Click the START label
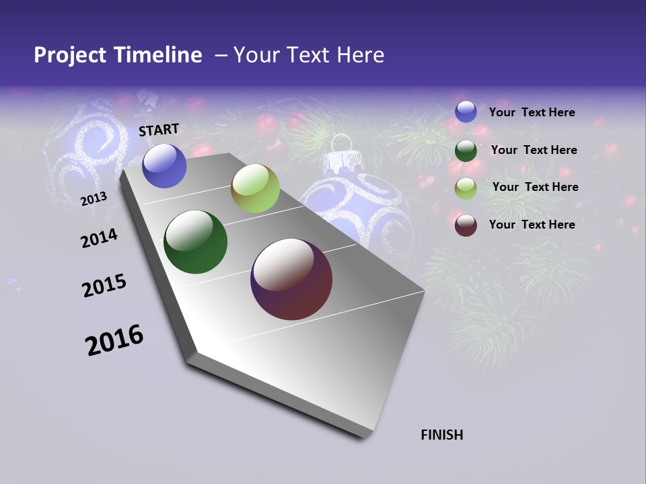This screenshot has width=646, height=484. [159, 130]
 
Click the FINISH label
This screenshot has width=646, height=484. [441, 435]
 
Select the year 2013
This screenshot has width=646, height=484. [94, 199]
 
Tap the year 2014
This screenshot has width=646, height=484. [99, 239]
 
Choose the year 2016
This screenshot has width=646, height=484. [114, 340]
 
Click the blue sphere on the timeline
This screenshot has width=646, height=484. [164, 166]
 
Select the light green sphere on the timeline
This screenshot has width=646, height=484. [255, 188]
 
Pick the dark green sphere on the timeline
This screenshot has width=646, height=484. [195, 242]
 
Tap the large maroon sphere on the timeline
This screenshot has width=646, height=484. [291, 279]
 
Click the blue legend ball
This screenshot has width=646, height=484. [466, 112]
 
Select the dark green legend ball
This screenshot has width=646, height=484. [466, 151]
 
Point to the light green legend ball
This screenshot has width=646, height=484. [466, 188]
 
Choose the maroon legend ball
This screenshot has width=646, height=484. [466, 225]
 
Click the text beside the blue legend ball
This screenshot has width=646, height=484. [532, 112]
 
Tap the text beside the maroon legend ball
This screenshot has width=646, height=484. [532, 225]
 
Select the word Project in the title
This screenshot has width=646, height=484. [70, 55]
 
